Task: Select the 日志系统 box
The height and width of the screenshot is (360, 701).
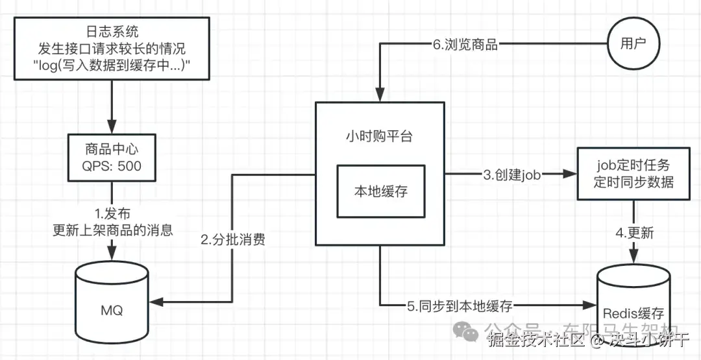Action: pyautogui.click(x=112, y=49)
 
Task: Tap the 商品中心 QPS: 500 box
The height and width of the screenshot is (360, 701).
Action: pyautogui.click(x=112, y=157)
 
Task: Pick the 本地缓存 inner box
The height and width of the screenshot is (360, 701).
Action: pyautogui.click(x=381, y=191)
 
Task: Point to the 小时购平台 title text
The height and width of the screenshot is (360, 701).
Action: pyautogui.click(x=380, y=137)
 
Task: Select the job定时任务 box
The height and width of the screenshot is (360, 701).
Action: pyautogui.click(x=633, y=173)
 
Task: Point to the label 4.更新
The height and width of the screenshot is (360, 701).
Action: pyautogui.click(x=634, y=233)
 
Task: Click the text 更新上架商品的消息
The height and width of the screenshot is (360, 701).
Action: pyautogui.click(x=112, y=230)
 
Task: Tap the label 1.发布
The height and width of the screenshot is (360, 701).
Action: pyautogui.click(x=112, y=214)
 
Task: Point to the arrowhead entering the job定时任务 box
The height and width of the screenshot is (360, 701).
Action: pyautogui.click(x=571, y=174)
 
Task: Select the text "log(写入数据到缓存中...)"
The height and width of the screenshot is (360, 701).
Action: pyautogui.click(x=112, y=66)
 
